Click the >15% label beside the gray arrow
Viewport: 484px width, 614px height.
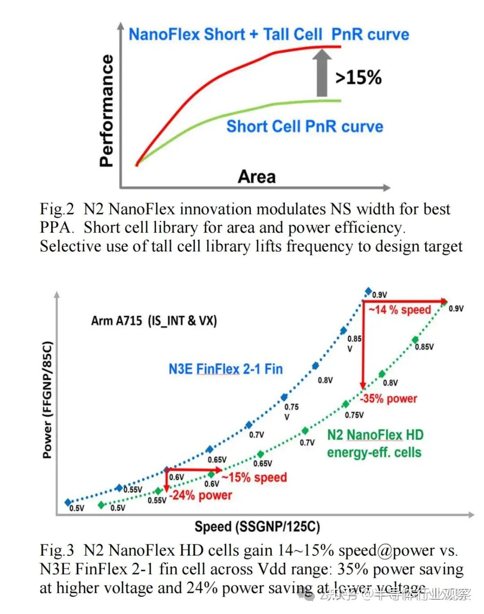[x=359, y=77]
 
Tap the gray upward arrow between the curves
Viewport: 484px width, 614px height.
[x=322, y=74]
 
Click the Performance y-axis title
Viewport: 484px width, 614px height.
[x=107, y=111]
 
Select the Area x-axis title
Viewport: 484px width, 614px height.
[x=256, y=176]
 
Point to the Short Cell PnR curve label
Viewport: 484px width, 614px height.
[x=305, y=127]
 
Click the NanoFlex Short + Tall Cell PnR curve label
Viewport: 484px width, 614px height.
[x=269, y=35]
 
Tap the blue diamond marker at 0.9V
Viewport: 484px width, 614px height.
[x=368, y=291]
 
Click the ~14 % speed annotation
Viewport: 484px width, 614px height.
[x=400, y=310]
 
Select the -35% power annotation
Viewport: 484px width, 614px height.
[x=389, y=399]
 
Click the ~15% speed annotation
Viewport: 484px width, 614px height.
[x=254, y=477]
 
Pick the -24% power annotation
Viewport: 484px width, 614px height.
[x=200, y=496]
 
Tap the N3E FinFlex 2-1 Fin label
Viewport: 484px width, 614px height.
[x=225, y=369]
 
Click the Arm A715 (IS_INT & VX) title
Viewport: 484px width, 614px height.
[x=154, y=321]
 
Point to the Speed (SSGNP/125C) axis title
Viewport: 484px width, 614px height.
[x=257, y=526]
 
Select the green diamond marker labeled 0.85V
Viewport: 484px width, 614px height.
[x=415, y=340]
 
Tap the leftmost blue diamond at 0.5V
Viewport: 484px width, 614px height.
[x=68, y=502]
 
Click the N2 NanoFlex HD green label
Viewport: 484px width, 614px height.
[x=375, y=435]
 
